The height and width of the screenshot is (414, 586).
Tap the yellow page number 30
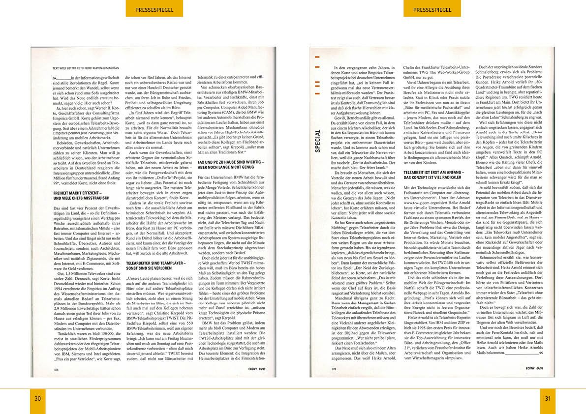(x=38, y=398)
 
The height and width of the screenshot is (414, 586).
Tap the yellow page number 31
(x=547, y=398)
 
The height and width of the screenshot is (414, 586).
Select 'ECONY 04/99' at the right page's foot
(x=534, y=367)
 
